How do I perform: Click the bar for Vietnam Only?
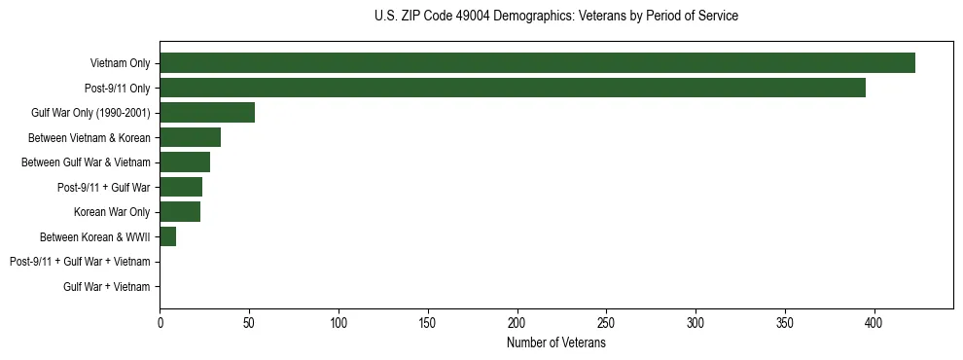click(x=537, y=63)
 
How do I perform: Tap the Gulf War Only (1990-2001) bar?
click(x=207, y=113)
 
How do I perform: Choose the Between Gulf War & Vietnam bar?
click(x=185, y=162)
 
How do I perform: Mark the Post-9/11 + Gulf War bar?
click(x=181, y=187)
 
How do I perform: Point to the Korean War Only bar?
click(x=180, y=212)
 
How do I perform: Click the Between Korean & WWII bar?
click(x=167, y=236)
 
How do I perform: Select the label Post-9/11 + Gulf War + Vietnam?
click(x=80, y=262)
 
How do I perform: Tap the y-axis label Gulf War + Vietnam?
click(x=107, y=287)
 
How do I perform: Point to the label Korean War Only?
click(x=112, y=212)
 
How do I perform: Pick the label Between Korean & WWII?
click(x=94, y=237)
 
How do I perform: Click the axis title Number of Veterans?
click(x=555, y=343)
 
